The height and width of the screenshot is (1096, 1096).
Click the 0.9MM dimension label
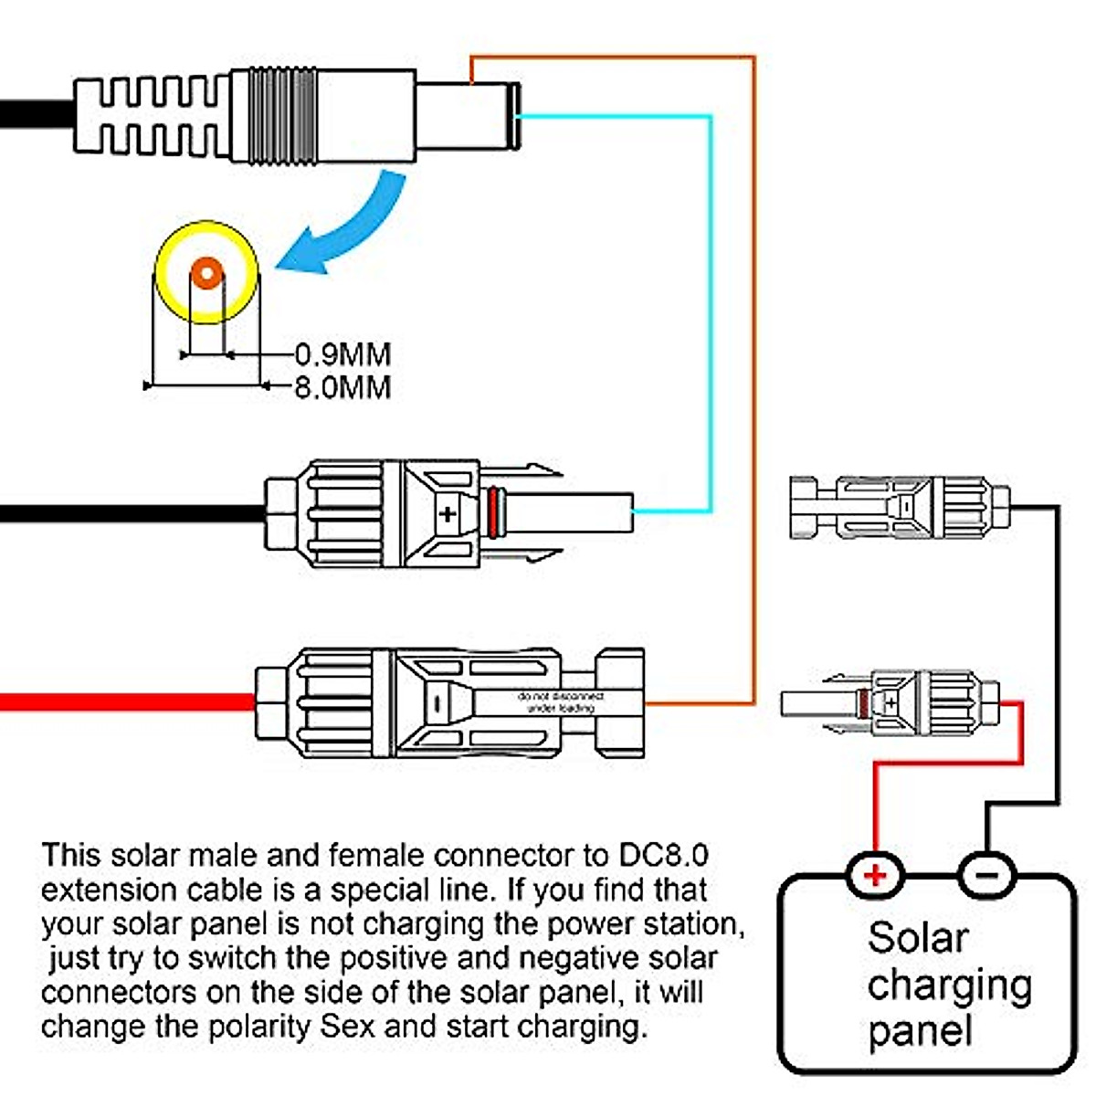tap(342, 353)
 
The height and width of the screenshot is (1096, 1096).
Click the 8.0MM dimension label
tap(342, 386)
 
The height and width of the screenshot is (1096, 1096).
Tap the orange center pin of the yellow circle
tap(207, 272)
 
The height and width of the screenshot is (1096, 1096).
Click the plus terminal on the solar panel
tap(875, 875)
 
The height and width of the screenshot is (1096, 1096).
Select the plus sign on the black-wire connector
tap(447, 513)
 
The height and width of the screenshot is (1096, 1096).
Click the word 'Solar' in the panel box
tap(918, 938)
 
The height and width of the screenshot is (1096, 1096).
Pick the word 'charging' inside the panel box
tap(950, 985)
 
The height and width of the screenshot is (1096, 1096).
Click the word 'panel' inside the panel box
tap(920, 1031)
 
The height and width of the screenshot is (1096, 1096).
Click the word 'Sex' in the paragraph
tap(347, 1026)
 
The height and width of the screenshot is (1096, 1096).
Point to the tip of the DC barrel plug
tap(513, 116)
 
